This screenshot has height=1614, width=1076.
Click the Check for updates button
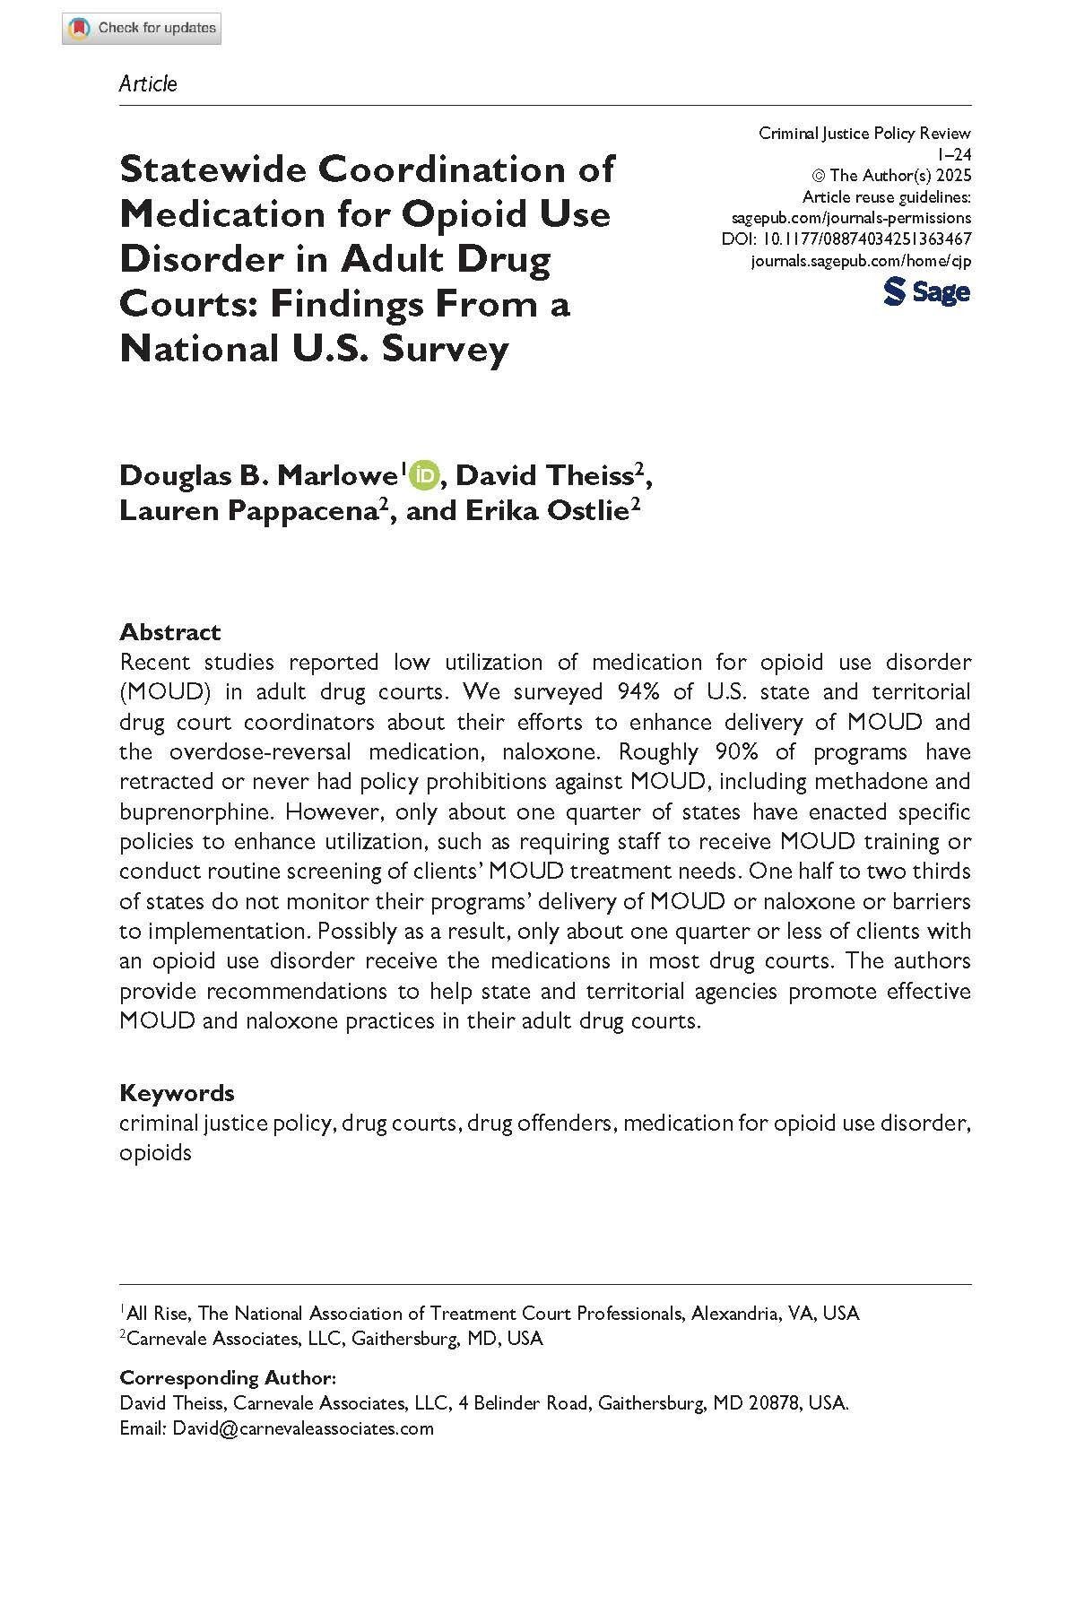pos(142,29)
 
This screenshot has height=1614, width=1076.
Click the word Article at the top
pos(148,84)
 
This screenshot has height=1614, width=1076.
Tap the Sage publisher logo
pos(926,291)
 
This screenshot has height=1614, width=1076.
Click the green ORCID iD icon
pos(423,475)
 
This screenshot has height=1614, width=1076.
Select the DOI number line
pos(846,239)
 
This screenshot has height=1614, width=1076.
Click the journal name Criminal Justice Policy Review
pos(864,134)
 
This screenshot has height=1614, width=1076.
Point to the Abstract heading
pos(169,632)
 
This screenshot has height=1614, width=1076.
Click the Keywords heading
pos(177,1093)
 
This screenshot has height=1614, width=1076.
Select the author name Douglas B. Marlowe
pos(259,475)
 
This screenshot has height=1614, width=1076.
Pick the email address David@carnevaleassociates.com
pos(303,1428)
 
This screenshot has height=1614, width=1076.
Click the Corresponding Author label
pos(228,1378)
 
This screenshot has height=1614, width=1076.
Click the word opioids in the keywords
pos(155,1153)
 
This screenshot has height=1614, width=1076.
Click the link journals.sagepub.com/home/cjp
pos(860,261)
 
